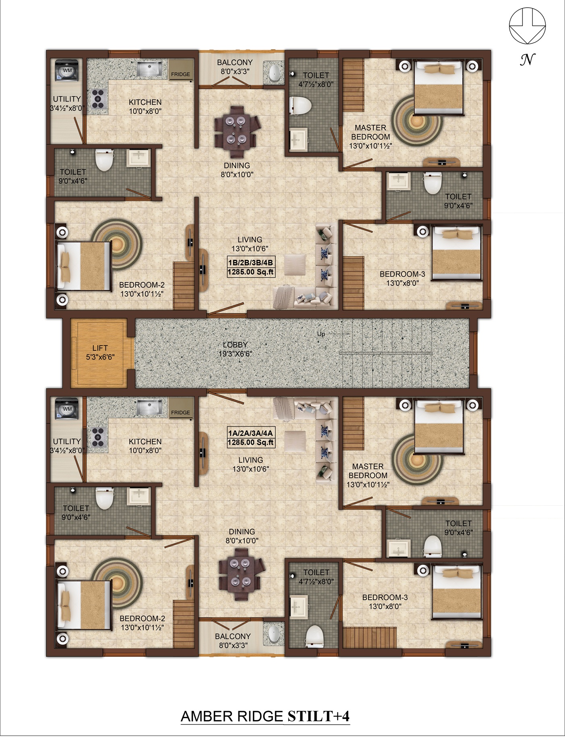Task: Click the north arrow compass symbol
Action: tap(527, 27)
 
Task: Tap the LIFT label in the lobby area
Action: tap(100, 348)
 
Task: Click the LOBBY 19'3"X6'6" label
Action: tap(235, 349)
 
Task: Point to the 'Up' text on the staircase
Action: tap(321, 334)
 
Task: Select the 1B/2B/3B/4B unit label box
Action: tap(250, 267)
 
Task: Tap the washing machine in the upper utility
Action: tap(67, 71)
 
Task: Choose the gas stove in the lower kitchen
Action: tap(98, 437)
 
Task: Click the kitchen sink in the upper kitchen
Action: tap(149, 69)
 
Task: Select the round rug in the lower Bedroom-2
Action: tap(117, 582)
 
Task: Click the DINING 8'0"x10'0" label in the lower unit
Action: tap(242, 536)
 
